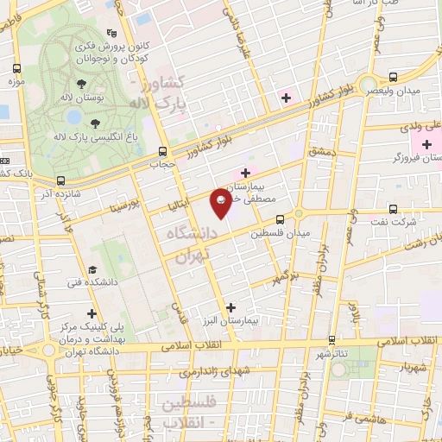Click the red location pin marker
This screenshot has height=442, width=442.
[222, 204]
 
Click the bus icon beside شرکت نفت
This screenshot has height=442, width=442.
[393, 209]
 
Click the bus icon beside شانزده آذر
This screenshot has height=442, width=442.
[60, 180]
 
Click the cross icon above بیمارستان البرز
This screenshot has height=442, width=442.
[230, 306]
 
